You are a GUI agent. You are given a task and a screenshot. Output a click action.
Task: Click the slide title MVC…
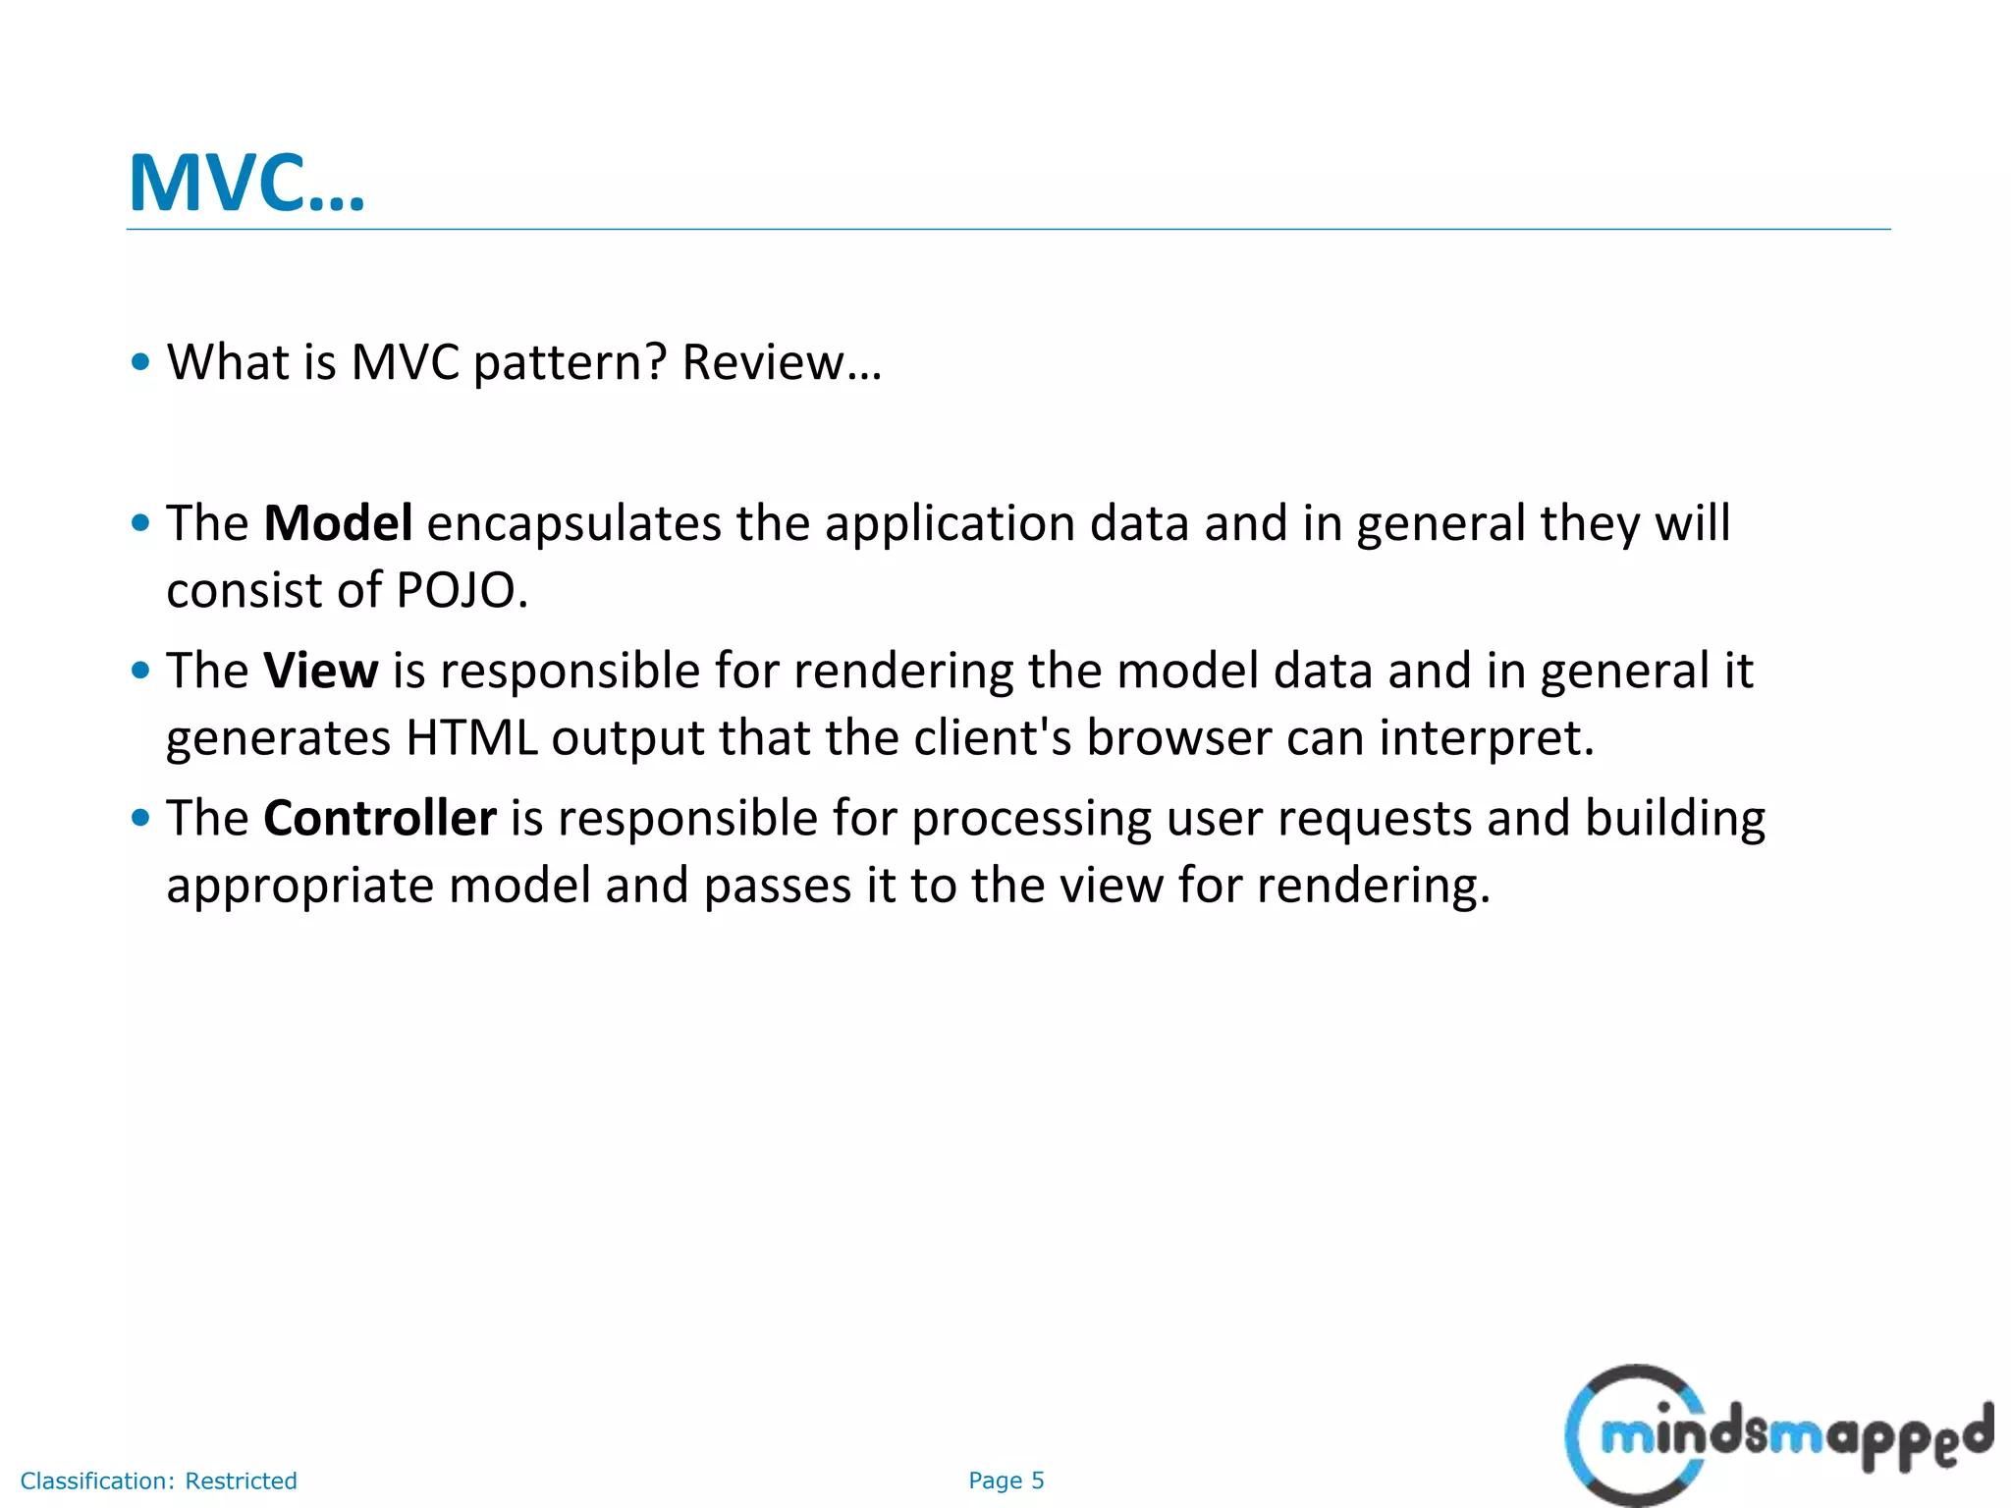coord(246,184)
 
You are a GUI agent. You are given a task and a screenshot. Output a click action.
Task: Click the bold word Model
coord(337,523)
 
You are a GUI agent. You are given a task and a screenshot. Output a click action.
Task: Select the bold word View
coord(320,671)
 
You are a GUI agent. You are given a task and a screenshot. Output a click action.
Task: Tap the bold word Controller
coord(379,818)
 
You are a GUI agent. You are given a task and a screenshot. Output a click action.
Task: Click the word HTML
coord(471,738)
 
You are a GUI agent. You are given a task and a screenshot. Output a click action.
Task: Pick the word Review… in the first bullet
coord(782,362)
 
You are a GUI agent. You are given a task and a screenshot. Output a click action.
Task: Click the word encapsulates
coord(573,523)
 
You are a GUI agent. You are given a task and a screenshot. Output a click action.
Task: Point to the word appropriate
coord(299,887)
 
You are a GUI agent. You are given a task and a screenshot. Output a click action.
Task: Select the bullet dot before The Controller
coord(140,818)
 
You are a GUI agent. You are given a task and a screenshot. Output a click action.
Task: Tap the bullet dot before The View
coord(140,671)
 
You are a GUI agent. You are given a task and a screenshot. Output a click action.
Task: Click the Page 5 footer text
coord(1005,1481)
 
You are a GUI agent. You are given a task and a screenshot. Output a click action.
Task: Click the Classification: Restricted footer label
coord(158,1481)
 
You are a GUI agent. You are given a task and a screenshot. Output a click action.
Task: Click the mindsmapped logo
coord(1777,1435)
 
